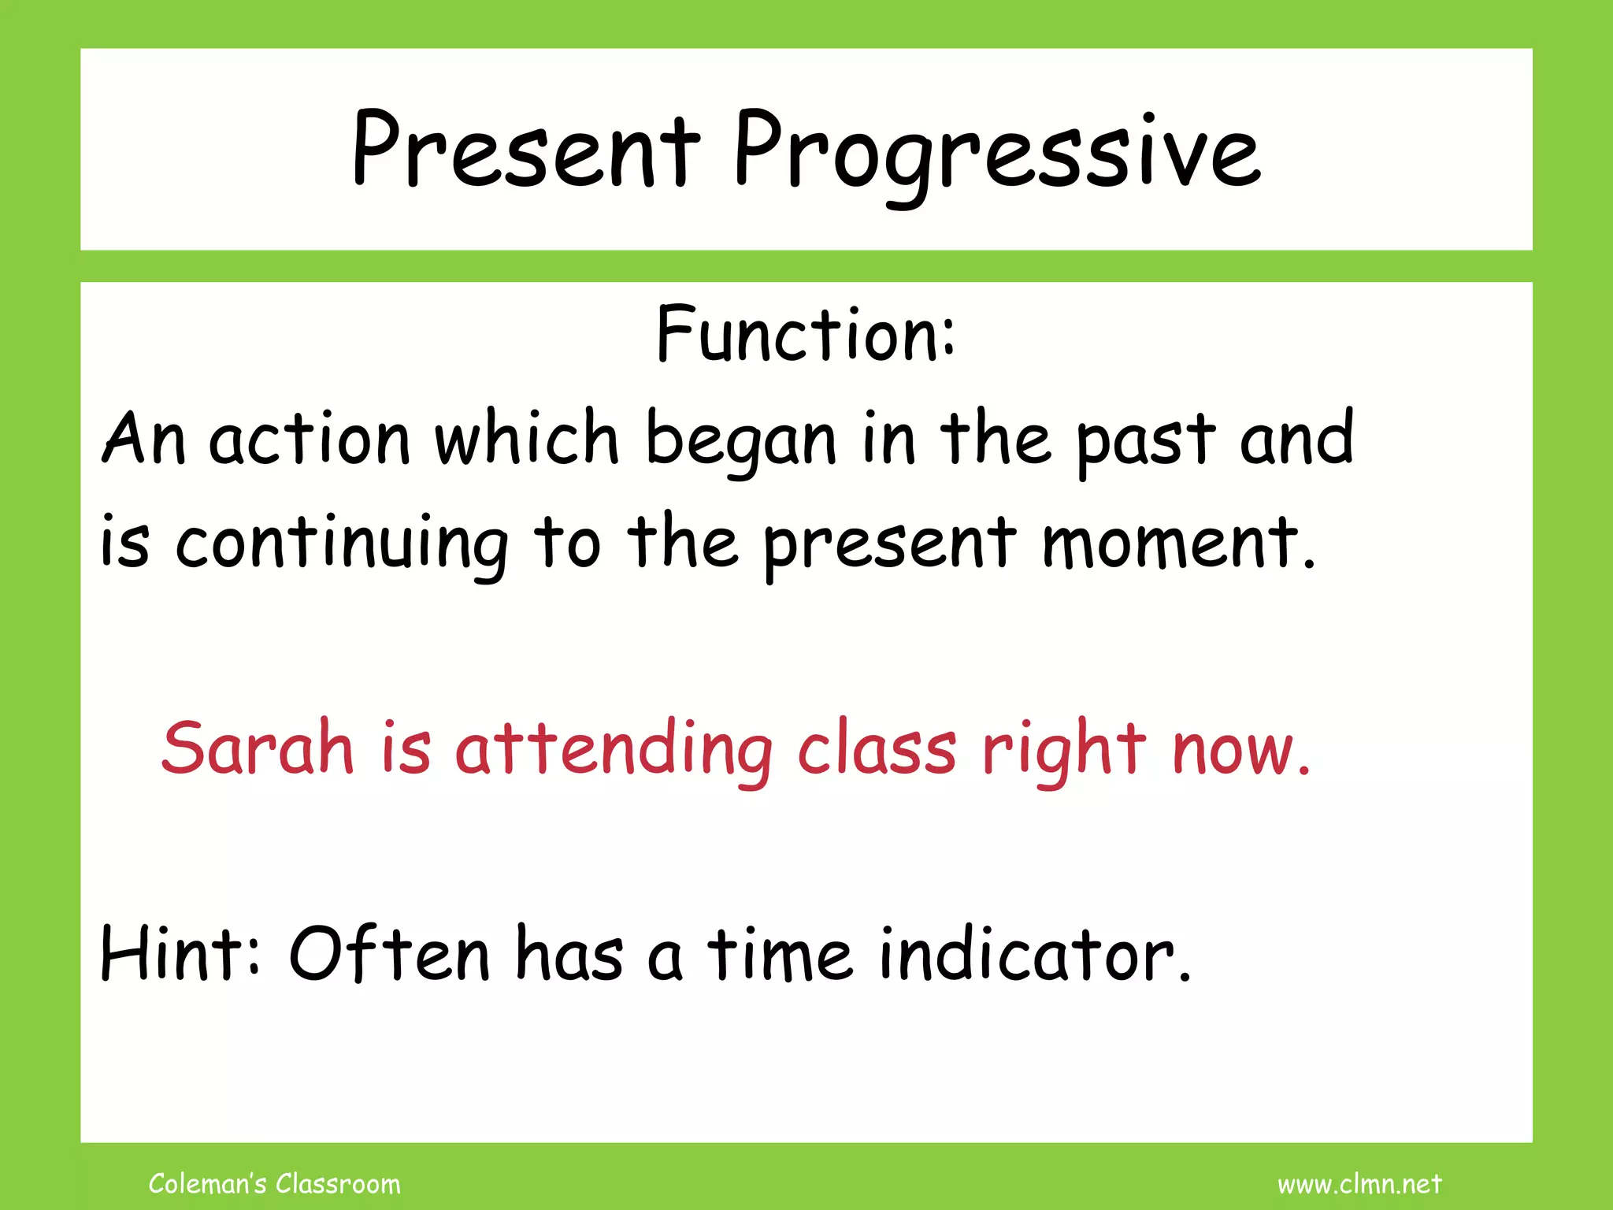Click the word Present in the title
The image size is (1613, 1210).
pyautogui.click(x=525, y=150)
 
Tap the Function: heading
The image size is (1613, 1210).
pyautogui.click(x=806, y=336)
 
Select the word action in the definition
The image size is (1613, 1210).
pyautogui.click(x=310, y=440)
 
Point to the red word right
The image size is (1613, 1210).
pyautogui.click(x=1063, y=750)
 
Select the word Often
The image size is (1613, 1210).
pyautogui.click(x=390, y=954)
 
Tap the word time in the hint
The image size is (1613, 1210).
pyautogui.click(x=780, y=954)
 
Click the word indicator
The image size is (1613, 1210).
pyautogui.click(x=1034, y=954)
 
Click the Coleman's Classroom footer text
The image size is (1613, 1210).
pyautogui.click(x=274, y=1183)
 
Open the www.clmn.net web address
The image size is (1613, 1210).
pyautogui.click(x=1359, y=1184)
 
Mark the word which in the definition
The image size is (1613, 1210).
pyautogui.click(x=526, y=438)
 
